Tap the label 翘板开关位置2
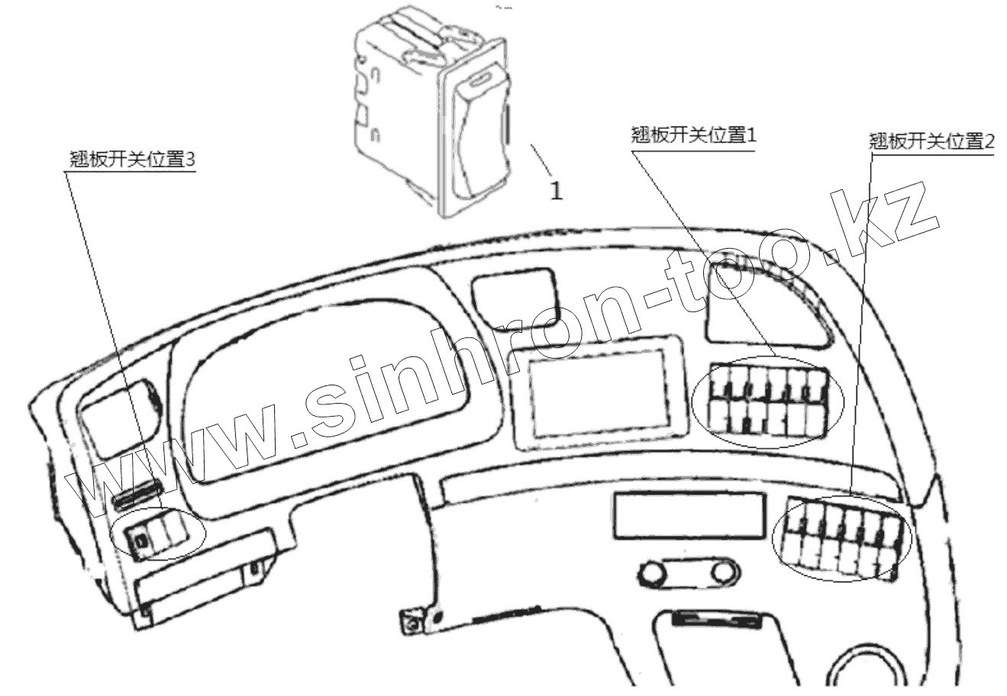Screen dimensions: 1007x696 (x=932, y=141)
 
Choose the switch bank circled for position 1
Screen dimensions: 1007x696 (x=768, y=401)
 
